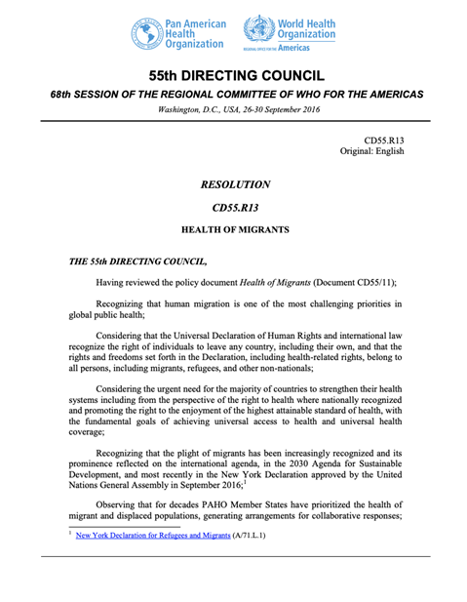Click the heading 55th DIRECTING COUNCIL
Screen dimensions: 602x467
coord(234,75)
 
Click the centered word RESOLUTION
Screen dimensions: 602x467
coord(234,184)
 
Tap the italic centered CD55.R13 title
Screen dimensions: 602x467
coord(234,208)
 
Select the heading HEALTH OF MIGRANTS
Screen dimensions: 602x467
coord(234,232)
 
